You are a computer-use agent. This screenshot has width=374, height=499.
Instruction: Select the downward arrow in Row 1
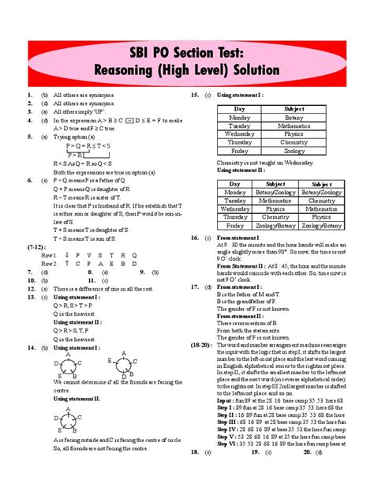[x=67, y=256]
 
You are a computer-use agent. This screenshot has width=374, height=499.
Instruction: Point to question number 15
[x=193, y=94]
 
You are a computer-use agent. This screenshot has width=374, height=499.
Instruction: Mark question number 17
[x=193, y=287]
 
